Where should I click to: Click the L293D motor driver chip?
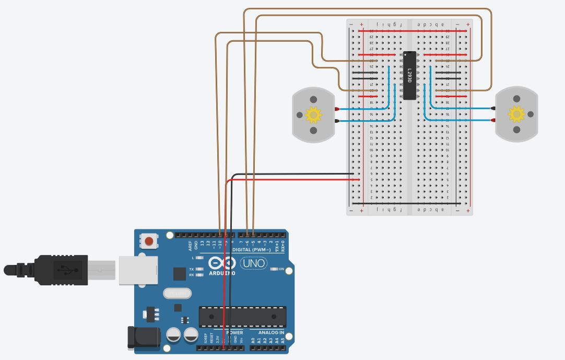click(410, 75)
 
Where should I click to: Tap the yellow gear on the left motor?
click(313, 114)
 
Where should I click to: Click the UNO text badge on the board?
click(253, 263)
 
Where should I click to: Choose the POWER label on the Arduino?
click(234, 332)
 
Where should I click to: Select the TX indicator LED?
click(199, 269)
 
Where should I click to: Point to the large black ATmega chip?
click(242, 317)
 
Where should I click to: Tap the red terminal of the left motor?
click(337, 109)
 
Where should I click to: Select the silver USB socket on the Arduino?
click(138, 270)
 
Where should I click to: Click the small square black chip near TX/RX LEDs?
click(179, 274)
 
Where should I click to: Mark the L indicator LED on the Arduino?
click(199, 258)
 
